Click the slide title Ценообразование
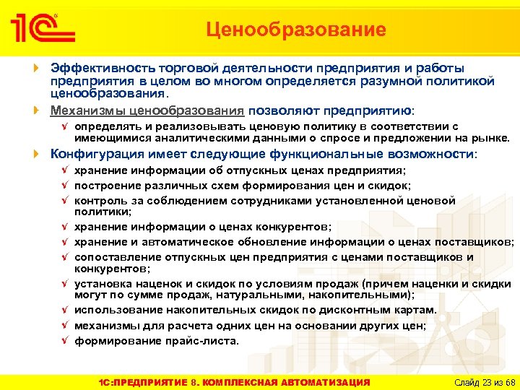pyautogui.click(x=295, y=30)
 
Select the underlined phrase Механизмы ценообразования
pyautogui.click(x=147, y=111)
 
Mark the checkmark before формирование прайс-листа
pyautogui.click(x=66, y=341)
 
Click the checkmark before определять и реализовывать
pyautogui.click(x=66, y=126)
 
